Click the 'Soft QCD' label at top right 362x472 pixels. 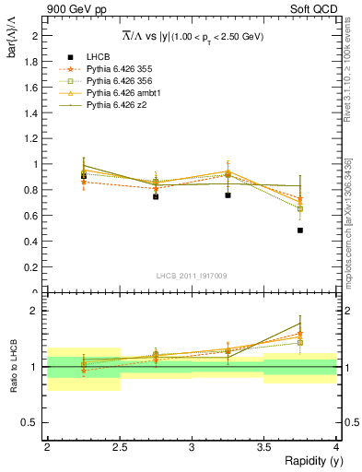314,10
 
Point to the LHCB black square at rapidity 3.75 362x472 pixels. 300,230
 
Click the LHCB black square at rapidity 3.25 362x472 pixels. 228,195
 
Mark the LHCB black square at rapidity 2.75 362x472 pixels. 156,196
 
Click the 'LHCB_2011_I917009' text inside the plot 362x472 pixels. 192,276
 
